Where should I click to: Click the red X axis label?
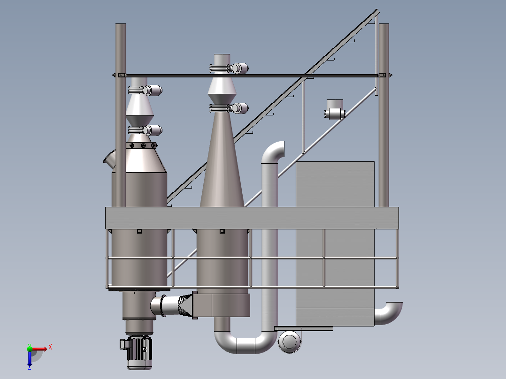[50, 347]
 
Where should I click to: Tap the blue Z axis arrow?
[30, 358]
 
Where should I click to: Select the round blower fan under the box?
[290, 341]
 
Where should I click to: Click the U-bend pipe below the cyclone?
[245, 342]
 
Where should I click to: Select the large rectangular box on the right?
[335, 244]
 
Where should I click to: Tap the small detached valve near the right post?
[335, 110]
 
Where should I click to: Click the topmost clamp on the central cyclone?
[229, 68]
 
